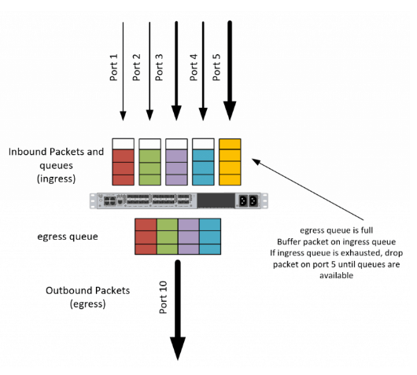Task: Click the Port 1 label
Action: [113, 68]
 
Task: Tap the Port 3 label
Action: [159, 68]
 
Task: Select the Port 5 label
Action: [216, 68]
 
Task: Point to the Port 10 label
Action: [164, 297]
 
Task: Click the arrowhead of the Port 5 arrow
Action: [230, 111]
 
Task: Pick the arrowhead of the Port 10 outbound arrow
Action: [178, 348]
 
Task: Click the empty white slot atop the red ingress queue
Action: [123, 144]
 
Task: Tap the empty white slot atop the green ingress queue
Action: [150, 144]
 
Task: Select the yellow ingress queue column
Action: [230, 162]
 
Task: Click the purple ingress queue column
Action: [176, 167]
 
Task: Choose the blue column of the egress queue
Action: [210, 237]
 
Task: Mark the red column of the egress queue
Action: [146, 237]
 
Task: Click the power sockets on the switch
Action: [249, 200]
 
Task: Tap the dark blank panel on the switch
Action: [216, 200]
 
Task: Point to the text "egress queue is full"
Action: [337, 230]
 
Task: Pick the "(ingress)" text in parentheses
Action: [56, 178]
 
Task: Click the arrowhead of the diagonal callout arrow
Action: [256, 161]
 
